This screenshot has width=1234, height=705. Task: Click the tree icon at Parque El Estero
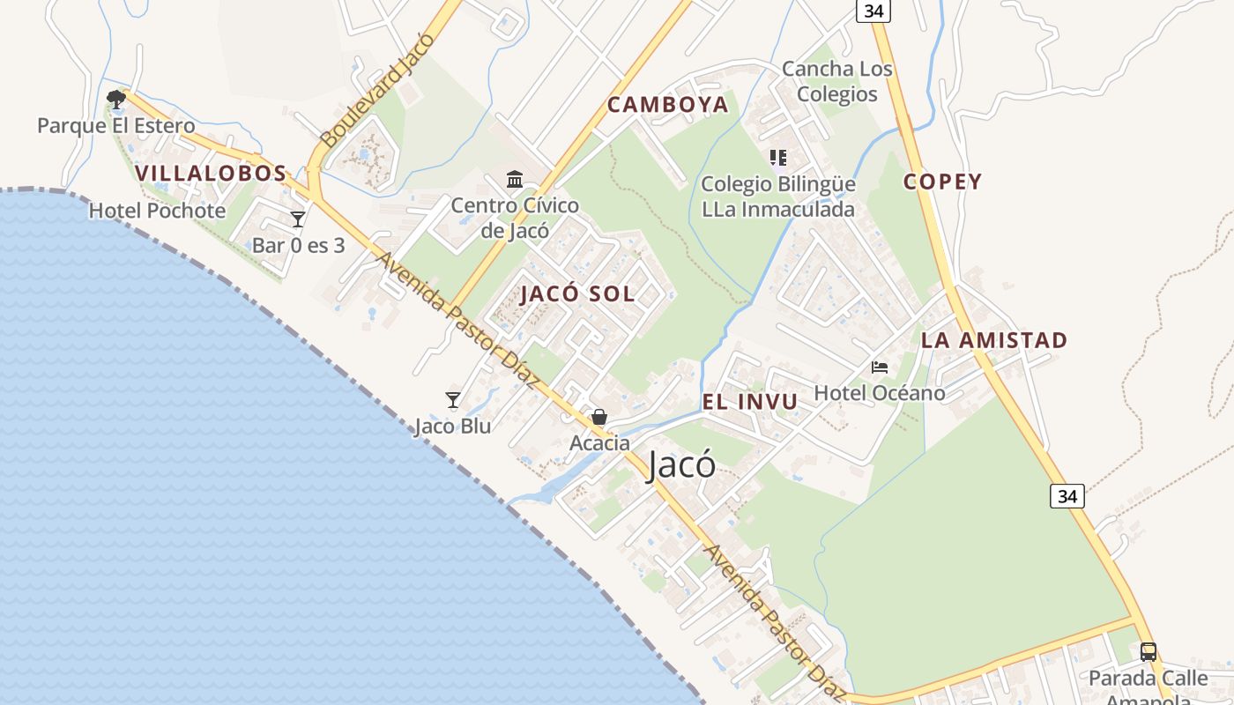pyautogui.click(x=115, y=98)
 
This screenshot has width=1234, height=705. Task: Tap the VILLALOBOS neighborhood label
pyautogui.click(x=212, y=174)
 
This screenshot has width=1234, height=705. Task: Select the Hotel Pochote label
pyautogui.click(x=157, y=211)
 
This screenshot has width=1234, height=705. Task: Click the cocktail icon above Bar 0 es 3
pyautogui.click(x=298, y=219)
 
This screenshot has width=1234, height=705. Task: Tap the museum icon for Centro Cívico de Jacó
pyautogui.click(x=515, y=180)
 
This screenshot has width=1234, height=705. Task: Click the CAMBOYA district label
pyautogui.click(x=668, y=105)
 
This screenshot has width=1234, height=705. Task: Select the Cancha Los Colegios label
pyautogui.click(x=836, y=81)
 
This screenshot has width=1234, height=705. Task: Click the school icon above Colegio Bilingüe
pyautogui.click(x=777, y=158)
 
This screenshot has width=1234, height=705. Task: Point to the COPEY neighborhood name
pyautogui.click(x=942, y=182)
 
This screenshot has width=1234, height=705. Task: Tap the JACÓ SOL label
pyautogui.click(x=577, y=294)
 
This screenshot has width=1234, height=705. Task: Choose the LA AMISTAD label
pyautogui.click(x=994, y=340)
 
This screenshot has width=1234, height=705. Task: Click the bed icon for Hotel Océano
pyautogui.click(x=879, y=367)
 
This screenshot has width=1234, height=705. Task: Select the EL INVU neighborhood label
pyautogui.click(x=750, y=402)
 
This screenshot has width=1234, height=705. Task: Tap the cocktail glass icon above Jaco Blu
pyautogui.click(x=453, y=400)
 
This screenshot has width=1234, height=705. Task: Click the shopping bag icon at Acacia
pyautogui.click(x=599, y=417)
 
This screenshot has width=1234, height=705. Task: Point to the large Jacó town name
pyautogui.click(x=681, y=464)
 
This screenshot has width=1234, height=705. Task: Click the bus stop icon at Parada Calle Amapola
pyautogui.click(x=1148, y=652)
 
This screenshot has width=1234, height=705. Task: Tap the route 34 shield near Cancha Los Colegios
pyautogui.click(x=873, y=11)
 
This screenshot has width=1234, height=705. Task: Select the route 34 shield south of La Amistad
pyautogui.click(x=1067, y=496)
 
